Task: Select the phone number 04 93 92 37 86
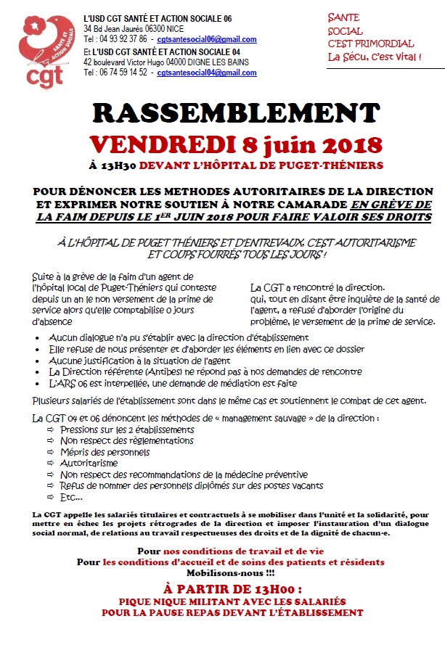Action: click(x=125, y=39)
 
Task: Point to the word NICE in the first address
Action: click(x=195, y=28)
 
